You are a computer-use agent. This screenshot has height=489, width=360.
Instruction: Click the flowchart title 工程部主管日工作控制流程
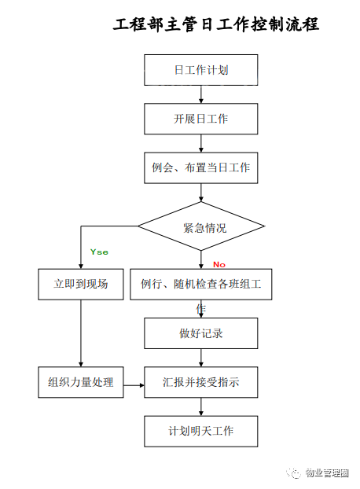(x=215, y=24)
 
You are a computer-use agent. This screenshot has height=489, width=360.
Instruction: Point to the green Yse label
(x=99, y=252)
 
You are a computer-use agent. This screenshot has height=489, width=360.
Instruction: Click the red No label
(x=219, y=264)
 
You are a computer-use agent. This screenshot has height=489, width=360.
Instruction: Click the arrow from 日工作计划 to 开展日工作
(x=201, y=94)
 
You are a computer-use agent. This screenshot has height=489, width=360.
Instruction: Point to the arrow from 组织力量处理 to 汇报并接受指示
(x=134, y=385)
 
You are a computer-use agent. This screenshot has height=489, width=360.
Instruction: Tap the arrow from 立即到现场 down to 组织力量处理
(x=81, y=333)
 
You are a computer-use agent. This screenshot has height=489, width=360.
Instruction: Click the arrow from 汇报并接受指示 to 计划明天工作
(x=201, y=406)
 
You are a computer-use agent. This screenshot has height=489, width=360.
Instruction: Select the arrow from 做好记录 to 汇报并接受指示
(x=201, y=358)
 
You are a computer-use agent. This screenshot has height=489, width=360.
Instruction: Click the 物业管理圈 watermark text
(x=327, y=473)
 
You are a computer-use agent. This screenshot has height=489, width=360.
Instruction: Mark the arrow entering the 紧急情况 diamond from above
(x=201, y=193)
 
